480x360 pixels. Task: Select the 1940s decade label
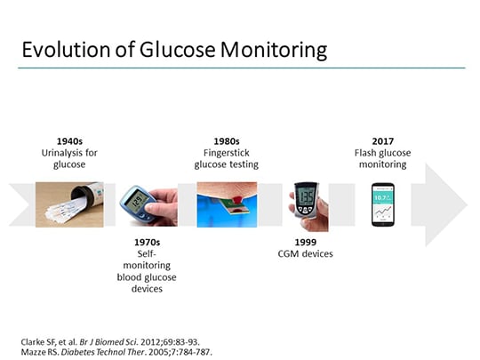[68, 140]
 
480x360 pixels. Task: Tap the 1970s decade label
[148, 241]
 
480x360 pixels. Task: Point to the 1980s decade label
[227, 140]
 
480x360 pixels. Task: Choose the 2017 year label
[384, 140]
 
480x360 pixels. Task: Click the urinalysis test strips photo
[68, 204]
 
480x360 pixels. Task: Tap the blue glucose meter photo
[148, 205]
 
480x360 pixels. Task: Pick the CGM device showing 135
[305, 205]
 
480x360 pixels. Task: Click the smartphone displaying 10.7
[384, 204]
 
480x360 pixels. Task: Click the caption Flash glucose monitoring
[384, 157]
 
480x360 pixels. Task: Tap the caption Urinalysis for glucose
[68, 157]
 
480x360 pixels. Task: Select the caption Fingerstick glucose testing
[227, 157]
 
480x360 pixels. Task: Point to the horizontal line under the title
[240, 68]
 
